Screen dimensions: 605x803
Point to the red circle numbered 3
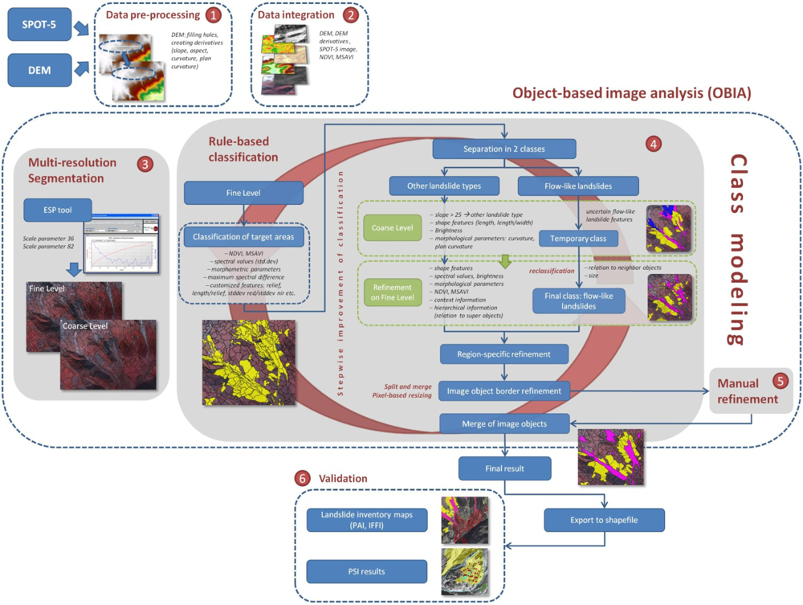(x=145, y=164)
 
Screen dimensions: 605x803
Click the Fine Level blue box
(x=244, y=193)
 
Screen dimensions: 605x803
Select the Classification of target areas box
(x=243, y=236)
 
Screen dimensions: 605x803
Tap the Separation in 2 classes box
(x=504, y=149)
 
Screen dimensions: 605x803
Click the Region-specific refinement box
(x=504, y=354)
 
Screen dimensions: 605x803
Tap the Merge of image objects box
(x=504, y=423)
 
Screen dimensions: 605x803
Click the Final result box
(x=504, y=467)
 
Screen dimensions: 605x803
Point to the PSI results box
(x=365, y=572)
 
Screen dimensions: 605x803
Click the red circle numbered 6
(x=302, y=477)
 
